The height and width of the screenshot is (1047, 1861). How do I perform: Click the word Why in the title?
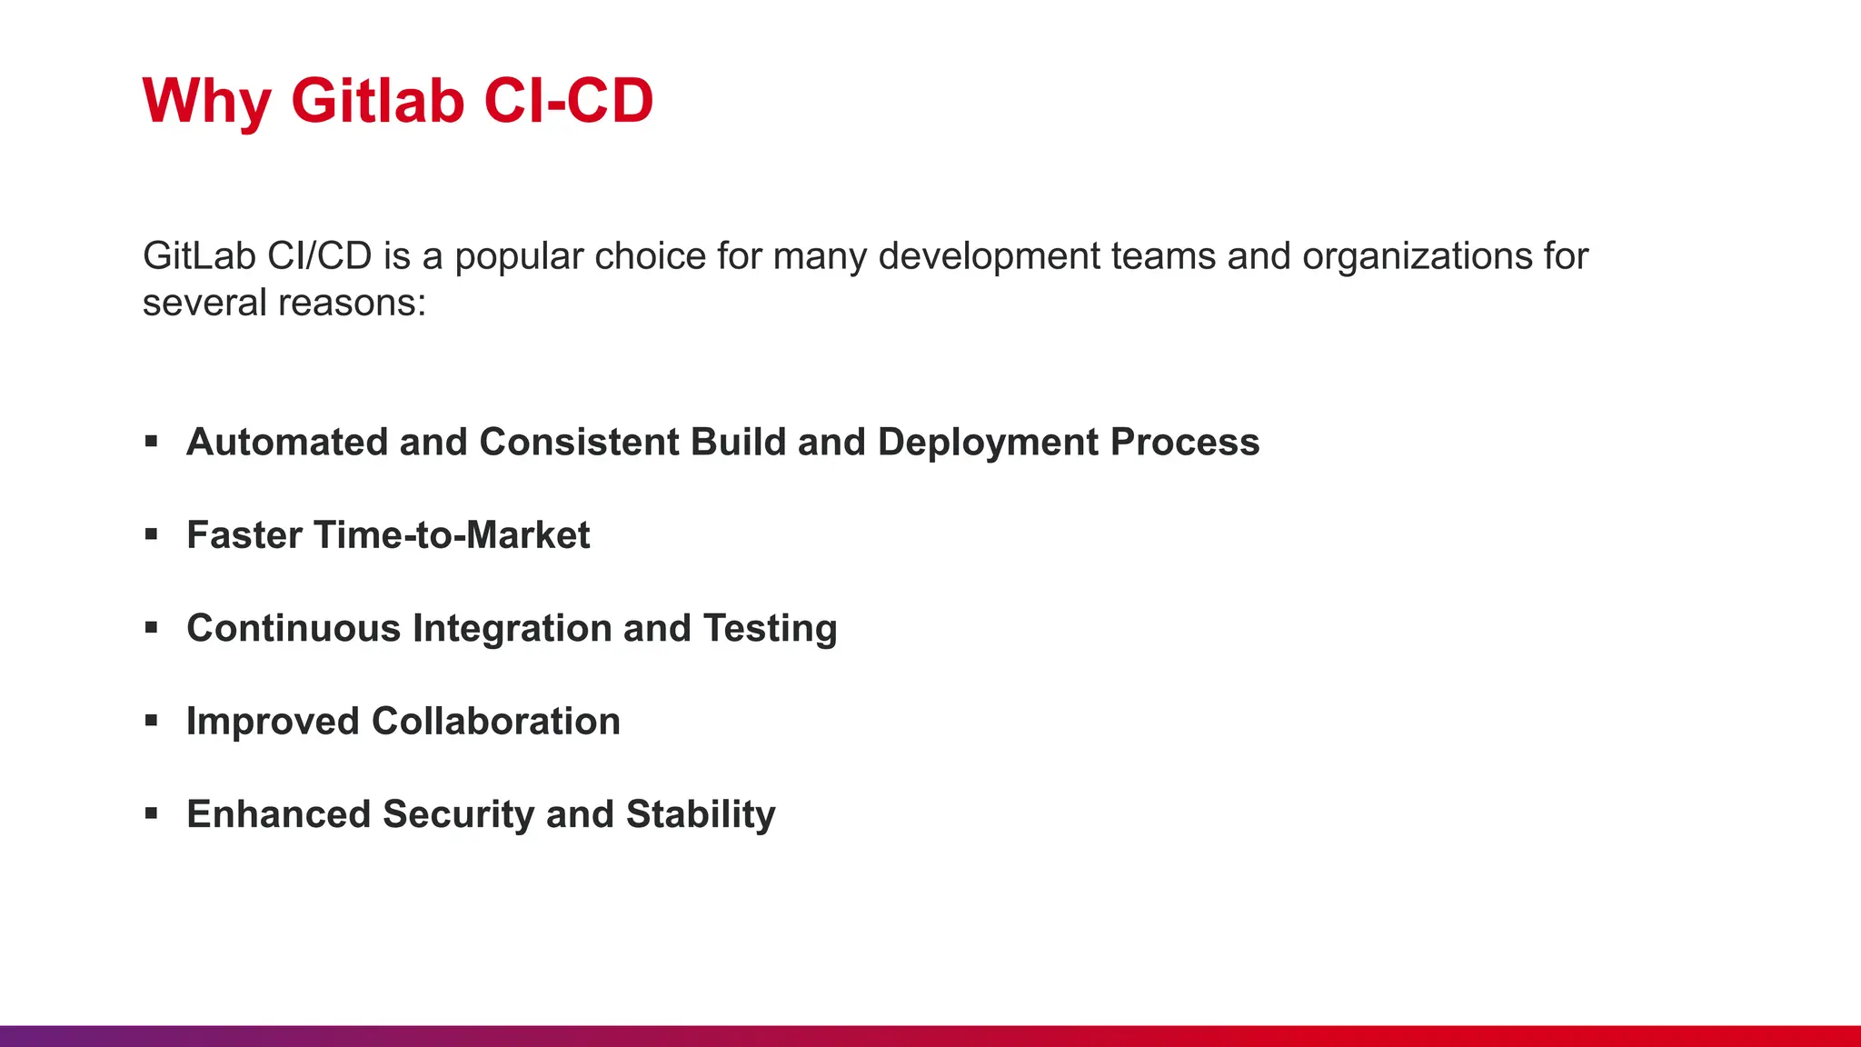(206, 100)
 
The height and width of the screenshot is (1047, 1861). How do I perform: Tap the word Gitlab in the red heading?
(378, 100)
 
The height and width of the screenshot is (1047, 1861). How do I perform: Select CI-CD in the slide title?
(568, 100)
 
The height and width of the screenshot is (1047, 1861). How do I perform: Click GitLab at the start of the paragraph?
(199, 256)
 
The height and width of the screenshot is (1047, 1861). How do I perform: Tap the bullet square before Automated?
(151, 442)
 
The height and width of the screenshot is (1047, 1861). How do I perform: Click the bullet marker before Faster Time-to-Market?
(151, 534)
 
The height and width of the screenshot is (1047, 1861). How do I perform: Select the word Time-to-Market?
(452, 535)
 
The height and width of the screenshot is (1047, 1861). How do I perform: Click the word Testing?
(770, 629)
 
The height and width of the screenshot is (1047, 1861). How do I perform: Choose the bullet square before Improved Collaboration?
(151, 721)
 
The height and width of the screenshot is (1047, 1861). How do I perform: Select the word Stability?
(701, 815)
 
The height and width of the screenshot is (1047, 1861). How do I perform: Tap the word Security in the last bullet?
(458, 815)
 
